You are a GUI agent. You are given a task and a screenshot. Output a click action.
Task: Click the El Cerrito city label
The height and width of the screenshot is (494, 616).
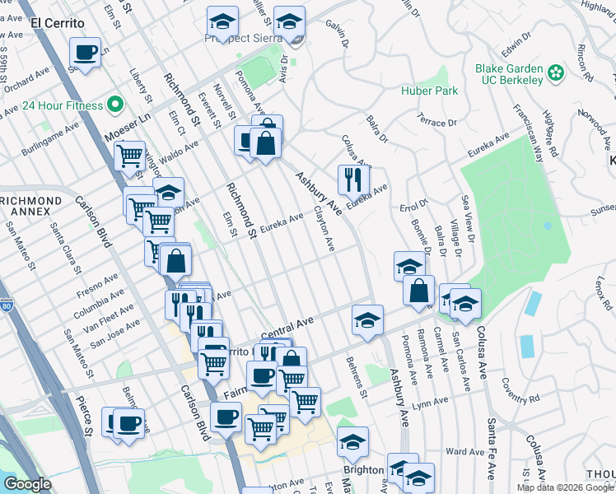58,23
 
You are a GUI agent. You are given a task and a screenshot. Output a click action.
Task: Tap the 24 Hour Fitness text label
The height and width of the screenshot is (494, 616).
62,105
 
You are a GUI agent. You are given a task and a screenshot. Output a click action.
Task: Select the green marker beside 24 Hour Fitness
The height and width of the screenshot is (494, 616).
115,105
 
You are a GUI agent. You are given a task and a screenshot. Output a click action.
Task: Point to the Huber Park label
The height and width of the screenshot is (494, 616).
430,91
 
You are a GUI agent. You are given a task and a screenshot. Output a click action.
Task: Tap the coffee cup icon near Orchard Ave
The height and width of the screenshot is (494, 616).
86,54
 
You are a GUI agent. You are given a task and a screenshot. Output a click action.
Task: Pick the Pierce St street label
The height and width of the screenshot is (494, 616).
86,420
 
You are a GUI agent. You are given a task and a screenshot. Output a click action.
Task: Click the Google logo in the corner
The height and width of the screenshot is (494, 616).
27,484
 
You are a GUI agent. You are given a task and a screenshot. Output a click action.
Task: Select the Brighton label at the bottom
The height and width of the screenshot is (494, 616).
363,470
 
